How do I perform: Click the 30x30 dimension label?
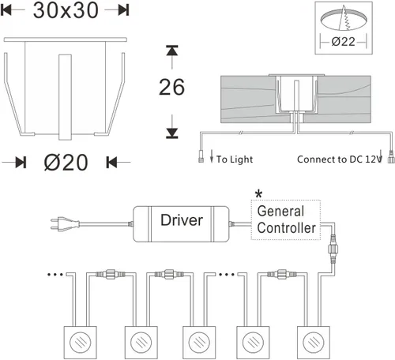pyautogui.click(x=66, y=10)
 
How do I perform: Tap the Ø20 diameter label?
pyautogui.click(x=66, y=162)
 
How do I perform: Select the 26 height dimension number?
pyautogui.click(x=171, y=87)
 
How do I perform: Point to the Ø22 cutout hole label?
pyautogui.click(x=343, y=42)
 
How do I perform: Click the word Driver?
pyautogui.click(x=182, y=220)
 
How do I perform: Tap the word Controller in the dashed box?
pyautogui.click(x=287, y=228)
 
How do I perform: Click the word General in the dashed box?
pyautogui.click(x=280, y=211)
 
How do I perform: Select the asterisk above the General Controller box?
pyautogui.click(x=259, y=194)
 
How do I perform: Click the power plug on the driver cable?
pyautogui.click(x=65, y=224)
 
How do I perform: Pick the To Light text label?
pyautogui.click(x=235, y=159)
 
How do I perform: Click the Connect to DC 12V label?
pyautogui.click(x=340, y=159)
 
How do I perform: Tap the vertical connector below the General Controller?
pyautogui.click(x=333, y=248)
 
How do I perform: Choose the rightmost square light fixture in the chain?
pyautogui.click(x=314, y=343)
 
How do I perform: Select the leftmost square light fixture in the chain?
pyautogui.click(x=81, y=343)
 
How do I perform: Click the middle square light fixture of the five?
pyautogui.click(x=199, y=343)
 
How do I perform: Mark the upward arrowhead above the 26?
pyautogui.click(x=172, y=51)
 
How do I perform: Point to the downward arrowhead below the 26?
pyautogui.click(x=172, y=133)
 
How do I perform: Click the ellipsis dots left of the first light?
pyautogui.click(x=55, y=275)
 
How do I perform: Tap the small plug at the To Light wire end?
pyautogui.click(x=201, y=159)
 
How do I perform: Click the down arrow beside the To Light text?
pyautogui.click(x=212, y=156)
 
